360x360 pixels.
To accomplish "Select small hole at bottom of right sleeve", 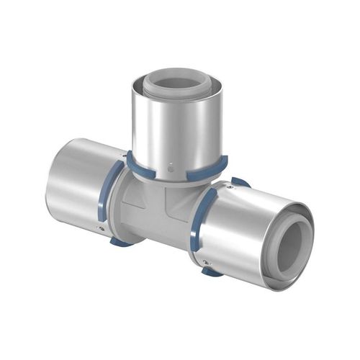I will [x=207, y=262].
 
